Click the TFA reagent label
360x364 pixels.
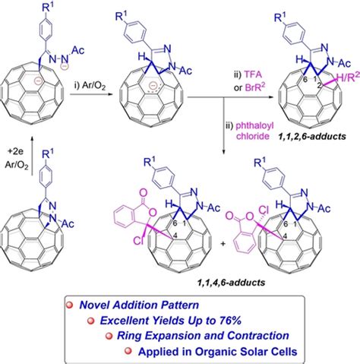click(253, 74)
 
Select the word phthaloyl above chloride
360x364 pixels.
click(254, 126)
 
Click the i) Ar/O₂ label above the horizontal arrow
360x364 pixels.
click(90, 86)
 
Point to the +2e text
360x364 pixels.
click(15, 151)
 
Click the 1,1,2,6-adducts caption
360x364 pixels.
click(311, 137)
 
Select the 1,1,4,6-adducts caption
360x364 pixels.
click(231, 283)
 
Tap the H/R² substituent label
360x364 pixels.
click(349, 77)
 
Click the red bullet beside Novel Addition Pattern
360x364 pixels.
click(69, 305)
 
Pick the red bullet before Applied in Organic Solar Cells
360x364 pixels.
click(128, 351)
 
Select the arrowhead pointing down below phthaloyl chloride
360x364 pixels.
click(223, 151)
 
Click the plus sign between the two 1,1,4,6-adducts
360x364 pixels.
click(223, 244)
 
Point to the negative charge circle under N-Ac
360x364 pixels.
click(65, 66)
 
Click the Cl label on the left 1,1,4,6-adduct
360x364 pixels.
click(138, 241)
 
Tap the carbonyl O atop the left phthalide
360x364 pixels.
click(144, 194)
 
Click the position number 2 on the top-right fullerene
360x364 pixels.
click(320, 85)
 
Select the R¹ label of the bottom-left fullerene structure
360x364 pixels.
click(48, 154)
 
